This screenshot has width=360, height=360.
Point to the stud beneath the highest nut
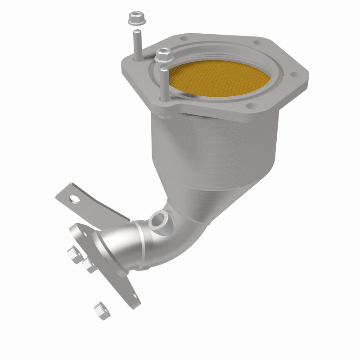point(136,43)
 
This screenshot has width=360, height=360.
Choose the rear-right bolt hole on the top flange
point(257,43)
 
